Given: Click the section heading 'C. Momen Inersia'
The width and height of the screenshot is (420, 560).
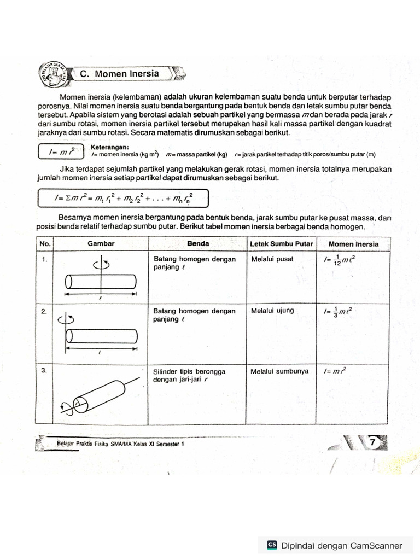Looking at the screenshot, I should coord(126,74).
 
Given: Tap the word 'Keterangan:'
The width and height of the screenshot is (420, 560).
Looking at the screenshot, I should coord(109,147).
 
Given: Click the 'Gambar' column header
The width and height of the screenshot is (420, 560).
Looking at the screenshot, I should coord(100,243).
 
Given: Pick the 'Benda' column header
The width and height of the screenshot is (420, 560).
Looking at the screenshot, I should coord(197,243).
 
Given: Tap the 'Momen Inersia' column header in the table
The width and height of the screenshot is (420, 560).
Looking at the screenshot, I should coord(353,243).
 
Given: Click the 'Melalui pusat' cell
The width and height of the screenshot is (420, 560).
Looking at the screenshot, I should coord(272,259).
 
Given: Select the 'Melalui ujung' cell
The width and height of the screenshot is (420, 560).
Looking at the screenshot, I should coord(272,311).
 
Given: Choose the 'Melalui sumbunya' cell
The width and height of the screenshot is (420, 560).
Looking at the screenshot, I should coord(279,371).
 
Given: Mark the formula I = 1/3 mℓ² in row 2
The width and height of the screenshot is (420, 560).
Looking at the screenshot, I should coord(338,312).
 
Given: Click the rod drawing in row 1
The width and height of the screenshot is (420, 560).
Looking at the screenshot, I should coord(101,282).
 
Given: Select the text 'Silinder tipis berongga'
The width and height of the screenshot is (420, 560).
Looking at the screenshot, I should coord(189,371).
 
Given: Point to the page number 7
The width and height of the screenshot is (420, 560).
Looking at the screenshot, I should coord(373,442).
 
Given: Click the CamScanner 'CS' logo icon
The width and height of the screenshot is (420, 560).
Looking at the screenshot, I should coord(272,545).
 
